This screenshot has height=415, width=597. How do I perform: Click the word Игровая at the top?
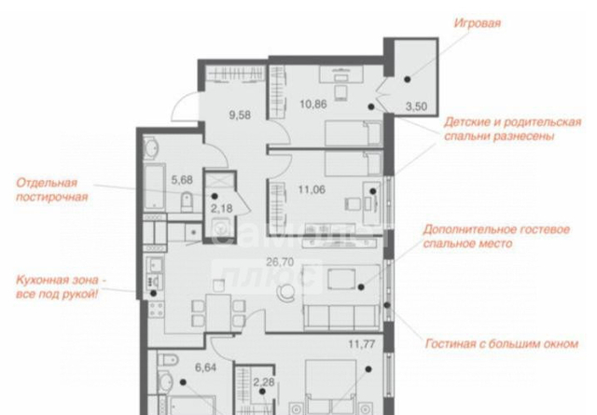[x=477, y=23]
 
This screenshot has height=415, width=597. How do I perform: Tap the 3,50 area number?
[x=416, y=106]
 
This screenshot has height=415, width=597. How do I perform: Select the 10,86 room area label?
[x=313, y=104]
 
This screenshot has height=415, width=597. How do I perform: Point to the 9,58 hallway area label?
[x=240, y=115]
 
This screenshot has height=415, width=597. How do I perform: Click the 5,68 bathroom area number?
[x=182, y=180]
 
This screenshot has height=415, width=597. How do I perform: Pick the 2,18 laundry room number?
[x=222, y=209]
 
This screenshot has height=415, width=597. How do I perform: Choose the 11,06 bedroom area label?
[x=312, y=189]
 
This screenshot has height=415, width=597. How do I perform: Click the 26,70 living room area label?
[x=280, y=262]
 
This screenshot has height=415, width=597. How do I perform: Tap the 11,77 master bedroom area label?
[x=362, y=344]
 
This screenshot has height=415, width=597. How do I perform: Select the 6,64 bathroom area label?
[x=205, y=367]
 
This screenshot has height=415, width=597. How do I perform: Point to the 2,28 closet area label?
[x=263, y=381]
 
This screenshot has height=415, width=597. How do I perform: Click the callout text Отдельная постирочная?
[x=52, y=189]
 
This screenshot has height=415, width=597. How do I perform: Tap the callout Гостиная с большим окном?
[x=502, y=344]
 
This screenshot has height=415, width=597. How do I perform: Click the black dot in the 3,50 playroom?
[x=408, y=79]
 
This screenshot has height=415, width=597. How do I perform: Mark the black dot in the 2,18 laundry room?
[x=215, y=197]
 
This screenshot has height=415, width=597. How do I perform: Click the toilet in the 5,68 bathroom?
[x=187, y=201]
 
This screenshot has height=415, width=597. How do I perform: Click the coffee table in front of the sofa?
[x=341, y=279]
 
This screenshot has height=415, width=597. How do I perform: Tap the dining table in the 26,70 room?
[x=218, y=312]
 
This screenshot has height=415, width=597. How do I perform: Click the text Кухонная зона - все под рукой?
[x=61, y=287]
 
